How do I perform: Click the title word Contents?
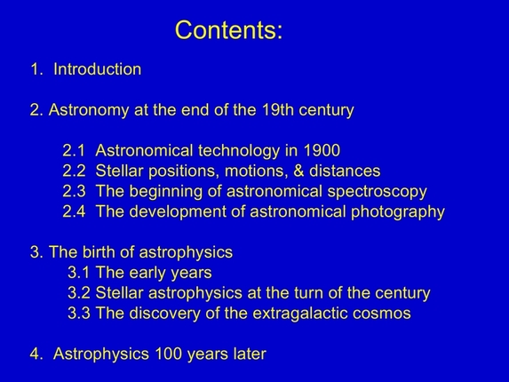228,29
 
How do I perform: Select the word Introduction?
97,69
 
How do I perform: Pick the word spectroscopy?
378,192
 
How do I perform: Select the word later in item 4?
246,354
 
